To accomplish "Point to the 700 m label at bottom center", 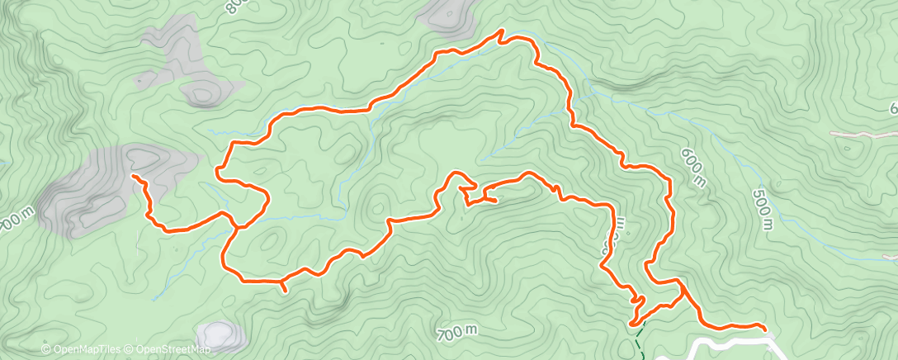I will pyautogui.click(x=457, y=333).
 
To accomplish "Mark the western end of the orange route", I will pyautogui.click(x=134, y=176).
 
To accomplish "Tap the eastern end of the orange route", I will pyautogui.click(x=763, y=329).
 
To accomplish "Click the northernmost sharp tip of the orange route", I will pyautogui.click(x=501, y=31).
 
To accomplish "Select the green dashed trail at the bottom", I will pyautogui.click(x=639, y=336).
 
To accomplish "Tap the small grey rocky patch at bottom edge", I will pyautogui.click(x=218, y=335).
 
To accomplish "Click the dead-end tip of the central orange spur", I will pyautogui.click(x=495, y=200).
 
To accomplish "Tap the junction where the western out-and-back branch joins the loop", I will pyautogui.click(x=236, y=225).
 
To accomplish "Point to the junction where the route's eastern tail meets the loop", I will pyautogui.click(x=683, y=290).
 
